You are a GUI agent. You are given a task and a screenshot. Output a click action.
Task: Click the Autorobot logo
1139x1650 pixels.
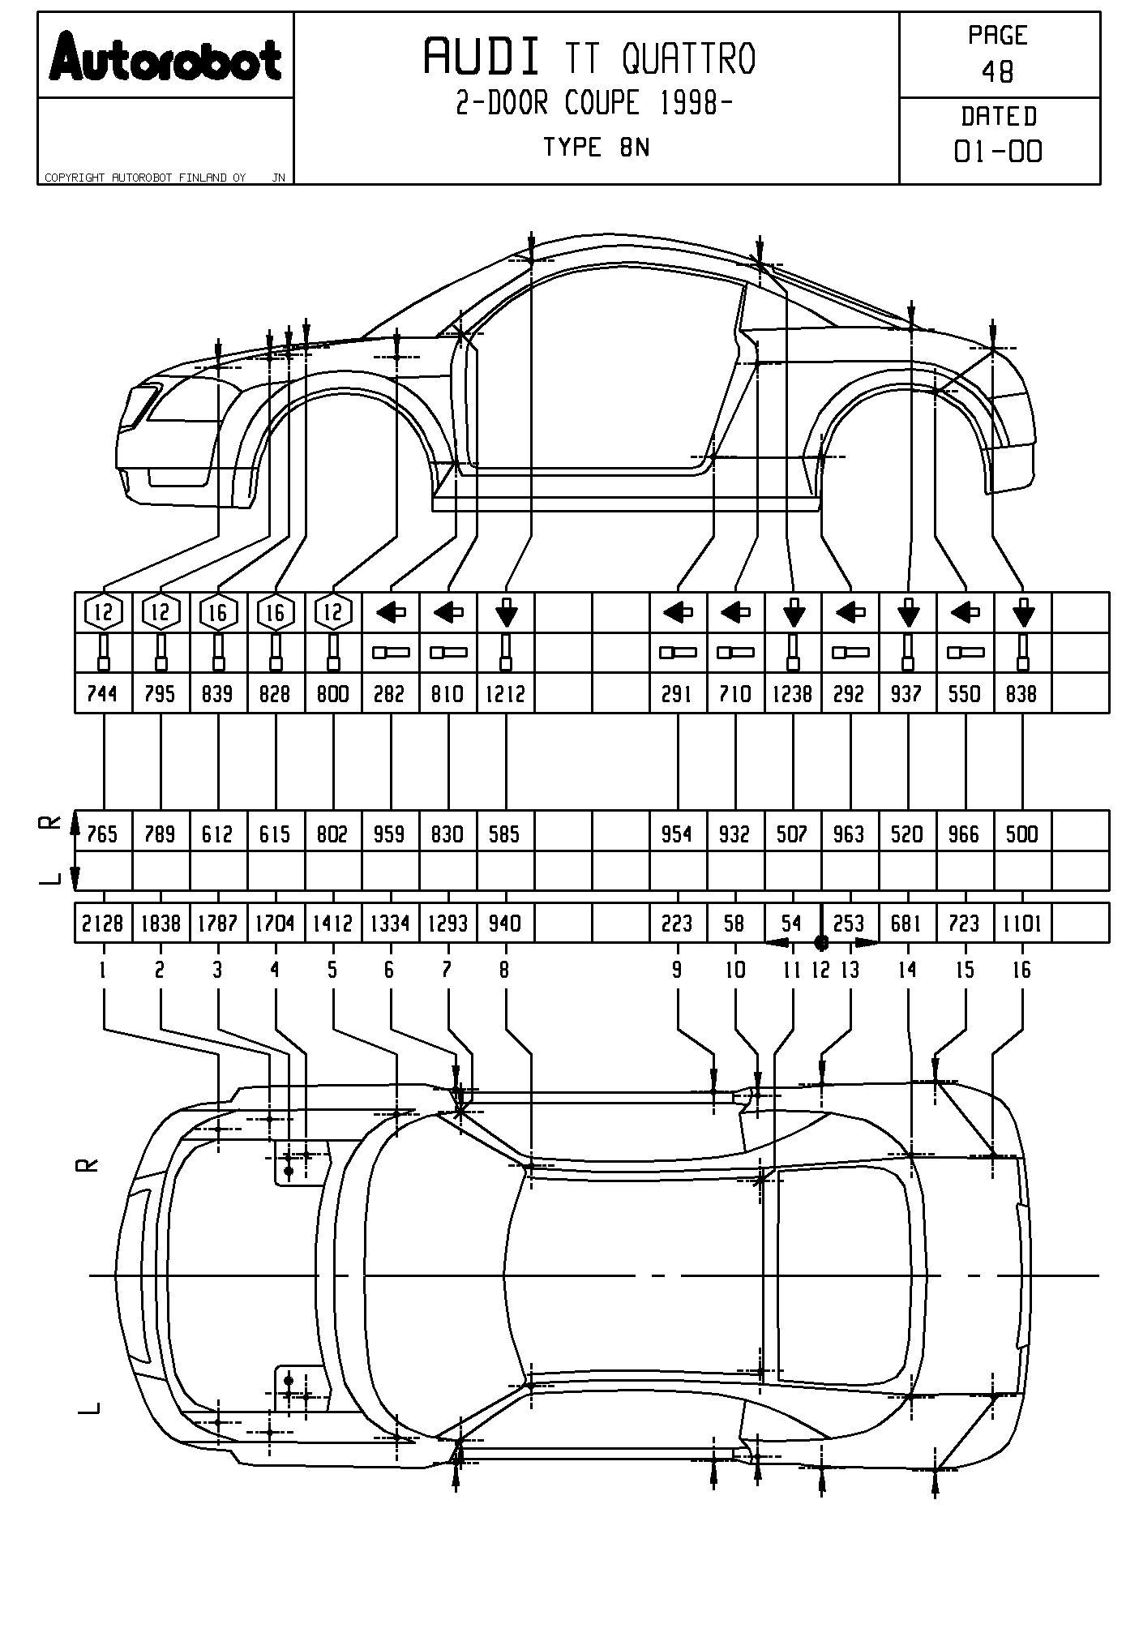tap(165, 57)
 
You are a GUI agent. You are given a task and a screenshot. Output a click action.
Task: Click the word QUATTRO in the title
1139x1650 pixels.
tap(688, 58)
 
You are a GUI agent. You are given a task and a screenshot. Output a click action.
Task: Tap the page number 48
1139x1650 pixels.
tap(997, 72)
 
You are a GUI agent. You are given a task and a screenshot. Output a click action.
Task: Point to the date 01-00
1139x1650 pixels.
tap(998, 152)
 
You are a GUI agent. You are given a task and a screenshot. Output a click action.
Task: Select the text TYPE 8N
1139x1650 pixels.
tap(596, 148)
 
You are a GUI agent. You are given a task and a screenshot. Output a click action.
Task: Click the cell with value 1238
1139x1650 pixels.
tap(793, 694)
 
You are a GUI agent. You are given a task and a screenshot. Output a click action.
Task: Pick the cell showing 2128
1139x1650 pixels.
tap(103, 924)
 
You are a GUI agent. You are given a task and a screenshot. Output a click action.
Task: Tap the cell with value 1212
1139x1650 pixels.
tap(506, 694)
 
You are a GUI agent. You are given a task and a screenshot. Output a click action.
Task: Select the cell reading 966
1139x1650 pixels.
tap(965, 834)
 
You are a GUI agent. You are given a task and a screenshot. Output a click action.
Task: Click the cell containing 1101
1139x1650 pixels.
tap(1022, 924)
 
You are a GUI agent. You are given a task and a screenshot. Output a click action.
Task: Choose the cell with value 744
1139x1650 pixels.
tap(103, 694)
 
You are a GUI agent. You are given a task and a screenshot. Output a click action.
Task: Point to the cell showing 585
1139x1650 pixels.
tap(506, 834)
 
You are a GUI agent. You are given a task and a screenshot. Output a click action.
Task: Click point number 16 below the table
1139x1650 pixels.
tap(1022, 970)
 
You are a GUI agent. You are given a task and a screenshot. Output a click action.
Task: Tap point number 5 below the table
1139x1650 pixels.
tap(332, 970)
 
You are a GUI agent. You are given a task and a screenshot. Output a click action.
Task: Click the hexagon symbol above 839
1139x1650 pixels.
tap(218, 612)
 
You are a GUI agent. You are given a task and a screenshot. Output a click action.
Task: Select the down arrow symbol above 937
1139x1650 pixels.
tap(908, 612)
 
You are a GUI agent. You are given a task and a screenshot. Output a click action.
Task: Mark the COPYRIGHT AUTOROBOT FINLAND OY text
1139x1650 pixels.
tap(145, 178)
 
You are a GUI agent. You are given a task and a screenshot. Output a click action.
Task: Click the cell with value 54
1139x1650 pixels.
tap(791, 924)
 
